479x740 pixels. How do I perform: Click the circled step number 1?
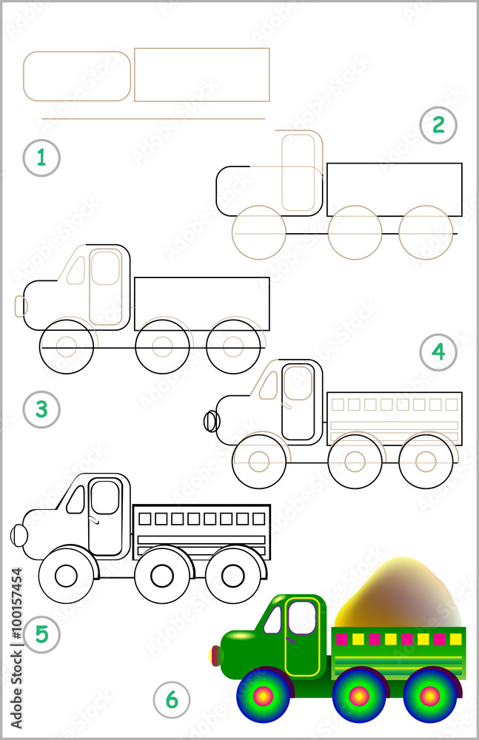41,158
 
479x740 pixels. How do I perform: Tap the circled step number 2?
438,125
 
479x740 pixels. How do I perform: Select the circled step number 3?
41,408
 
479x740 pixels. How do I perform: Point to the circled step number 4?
438,352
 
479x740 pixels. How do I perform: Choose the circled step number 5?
41,633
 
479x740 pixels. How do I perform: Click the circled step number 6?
172,699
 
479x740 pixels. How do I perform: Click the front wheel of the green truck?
264,696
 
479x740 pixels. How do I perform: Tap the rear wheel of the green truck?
430,696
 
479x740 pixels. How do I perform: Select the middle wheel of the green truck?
359,696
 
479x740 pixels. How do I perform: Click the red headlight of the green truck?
216,655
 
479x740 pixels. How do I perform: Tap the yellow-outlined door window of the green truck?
302,617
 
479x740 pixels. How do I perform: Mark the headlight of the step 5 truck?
19,535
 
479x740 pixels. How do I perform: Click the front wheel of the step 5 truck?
67,575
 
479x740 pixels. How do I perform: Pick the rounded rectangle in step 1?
77,76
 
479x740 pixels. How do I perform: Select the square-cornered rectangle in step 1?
201,75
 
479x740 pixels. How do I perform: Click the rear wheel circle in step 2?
426,232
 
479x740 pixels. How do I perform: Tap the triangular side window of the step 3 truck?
76,271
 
